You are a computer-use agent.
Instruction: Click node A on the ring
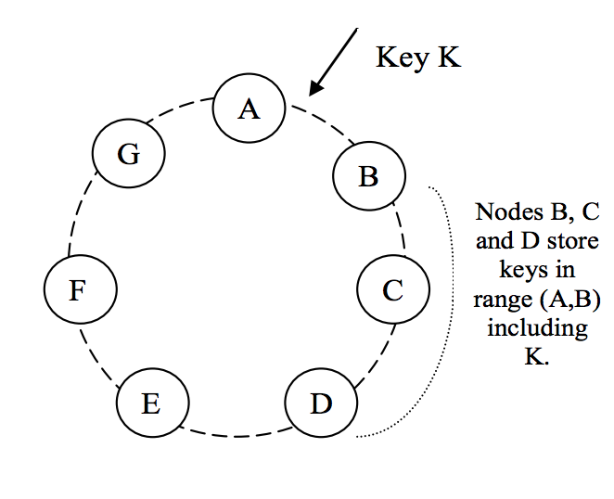point(248,109)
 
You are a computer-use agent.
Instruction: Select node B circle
point(369,175)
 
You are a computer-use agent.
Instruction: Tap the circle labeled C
point(393,289)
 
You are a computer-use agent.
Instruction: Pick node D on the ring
point(321,403)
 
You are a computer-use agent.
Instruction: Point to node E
point(152,403)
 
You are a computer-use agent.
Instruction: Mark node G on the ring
point(129,153)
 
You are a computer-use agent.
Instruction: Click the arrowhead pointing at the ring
point(315,88)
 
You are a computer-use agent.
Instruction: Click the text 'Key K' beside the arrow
point(417,57)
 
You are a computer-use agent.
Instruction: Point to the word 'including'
point(537,330)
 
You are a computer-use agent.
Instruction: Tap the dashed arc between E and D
point(236,433)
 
